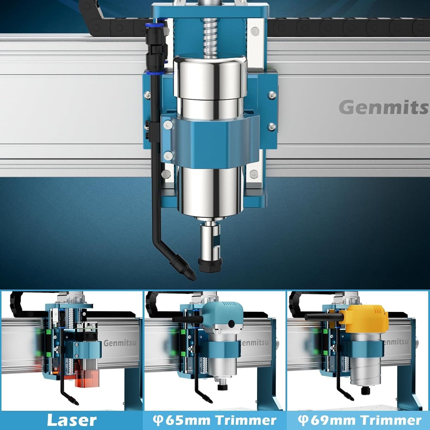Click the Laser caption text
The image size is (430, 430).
point(72,420)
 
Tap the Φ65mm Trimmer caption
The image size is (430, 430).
point(214,420)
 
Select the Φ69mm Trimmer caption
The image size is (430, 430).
point(359,420)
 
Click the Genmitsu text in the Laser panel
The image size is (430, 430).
point(120,343)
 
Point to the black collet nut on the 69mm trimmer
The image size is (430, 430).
point(365,390)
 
